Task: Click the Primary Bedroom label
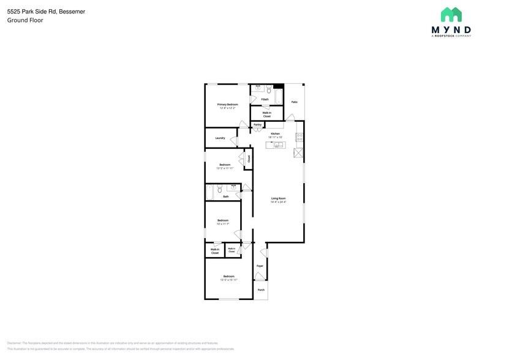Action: [228, 105]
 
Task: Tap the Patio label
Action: [294, 102]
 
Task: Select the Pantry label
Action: [257, 125]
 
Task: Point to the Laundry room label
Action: [220, 138]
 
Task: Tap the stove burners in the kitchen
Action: [300, 137]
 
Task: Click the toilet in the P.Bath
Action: [269, 90]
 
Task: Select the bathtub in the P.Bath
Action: [277, 97]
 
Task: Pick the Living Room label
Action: [279, 198]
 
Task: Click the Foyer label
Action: [260, 266]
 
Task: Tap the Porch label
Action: [261, 290]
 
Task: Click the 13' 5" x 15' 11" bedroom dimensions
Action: [228, 280]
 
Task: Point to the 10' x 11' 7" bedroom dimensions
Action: [222, 224]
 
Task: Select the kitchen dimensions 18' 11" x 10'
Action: [275, 137]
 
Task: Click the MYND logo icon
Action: [451, 15]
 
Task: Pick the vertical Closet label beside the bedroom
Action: [249, 158]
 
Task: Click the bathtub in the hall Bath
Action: [210, 193]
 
